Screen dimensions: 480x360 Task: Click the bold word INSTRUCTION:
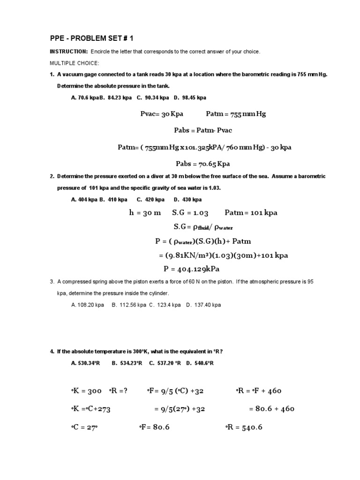68,52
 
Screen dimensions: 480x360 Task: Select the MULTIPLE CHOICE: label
72,63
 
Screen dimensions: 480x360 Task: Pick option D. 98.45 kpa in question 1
190,97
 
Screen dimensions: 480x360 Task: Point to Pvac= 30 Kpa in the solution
162,114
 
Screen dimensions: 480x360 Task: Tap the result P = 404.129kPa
191,269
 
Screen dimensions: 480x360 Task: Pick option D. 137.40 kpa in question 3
203,305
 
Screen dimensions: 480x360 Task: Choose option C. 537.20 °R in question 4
165,363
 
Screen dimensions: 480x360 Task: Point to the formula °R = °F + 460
258,391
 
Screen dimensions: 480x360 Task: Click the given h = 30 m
145,212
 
